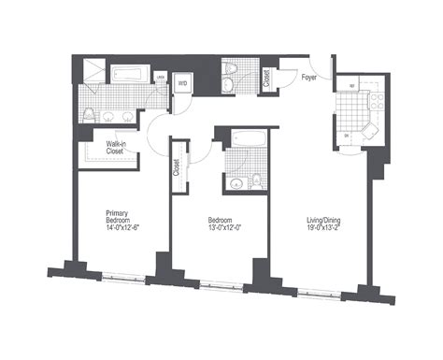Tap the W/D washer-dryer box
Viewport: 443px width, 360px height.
pos(184,83)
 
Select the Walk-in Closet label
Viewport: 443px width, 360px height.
pos(117,147)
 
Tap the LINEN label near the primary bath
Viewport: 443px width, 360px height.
pos(161,78)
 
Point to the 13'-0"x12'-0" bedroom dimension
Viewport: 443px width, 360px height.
pos(224,227)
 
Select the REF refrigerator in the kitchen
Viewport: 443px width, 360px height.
pos(351,87)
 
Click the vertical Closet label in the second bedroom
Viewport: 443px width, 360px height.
pos(177,168)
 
